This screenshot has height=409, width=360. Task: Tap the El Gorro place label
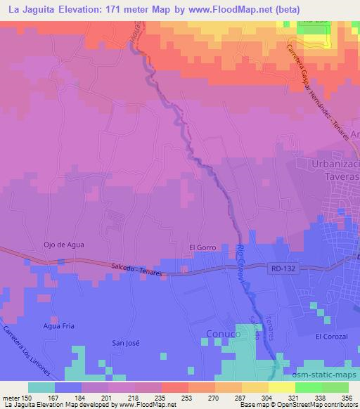201,247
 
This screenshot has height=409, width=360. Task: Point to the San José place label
127,343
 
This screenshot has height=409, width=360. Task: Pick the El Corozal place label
331,337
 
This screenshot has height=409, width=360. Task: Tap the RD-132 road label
280,267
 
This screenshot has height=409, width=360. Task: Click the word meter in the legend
11,398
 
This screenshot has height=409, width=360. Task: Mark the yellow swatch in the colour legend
282,387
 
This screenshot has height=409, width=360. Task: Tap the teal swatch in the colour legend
41,387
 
